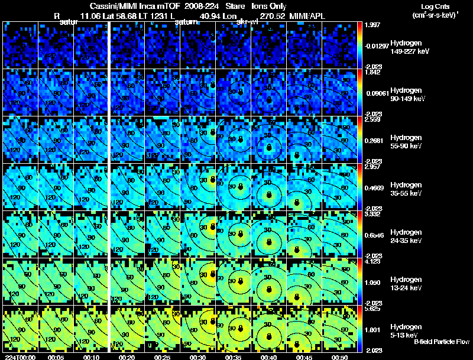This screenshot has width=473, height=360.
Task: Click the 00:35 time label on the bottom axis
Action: [x=234, y=357]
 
